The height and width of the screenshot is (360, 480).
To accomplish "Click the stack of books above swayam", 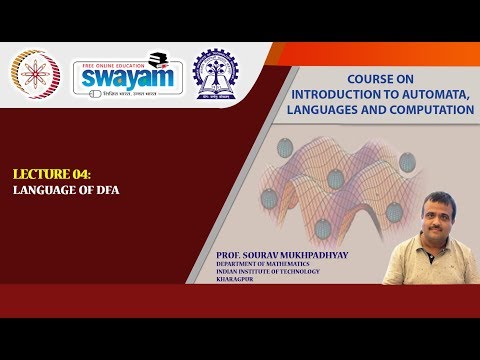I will click(156, 58).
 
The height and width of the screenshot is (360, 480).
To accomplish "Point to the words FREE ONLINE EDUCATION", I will click(113, 63).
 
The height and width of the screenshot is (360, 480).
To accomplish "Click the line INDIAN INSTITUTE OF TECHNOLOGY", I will click(274, 275).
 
